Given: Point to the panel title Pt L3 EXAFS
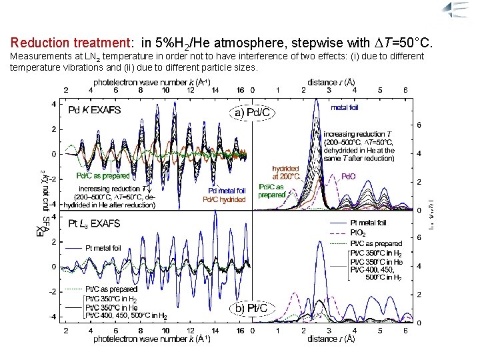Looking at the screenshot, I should click(95, 225).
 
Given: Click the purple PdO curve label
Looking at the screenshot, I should click(349, 177).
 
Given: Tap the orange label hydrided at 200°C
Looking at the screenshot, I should click(287, 173).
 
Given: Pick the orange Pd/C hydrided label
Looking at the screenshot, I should click(225, 199).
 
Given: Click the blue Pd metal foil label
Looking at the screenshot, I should click(225, 191).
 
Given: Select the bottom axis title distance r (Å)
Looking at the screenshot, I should click(331, 339).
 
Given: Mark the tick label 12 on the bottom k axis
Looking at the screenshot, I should click(191, 330).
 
